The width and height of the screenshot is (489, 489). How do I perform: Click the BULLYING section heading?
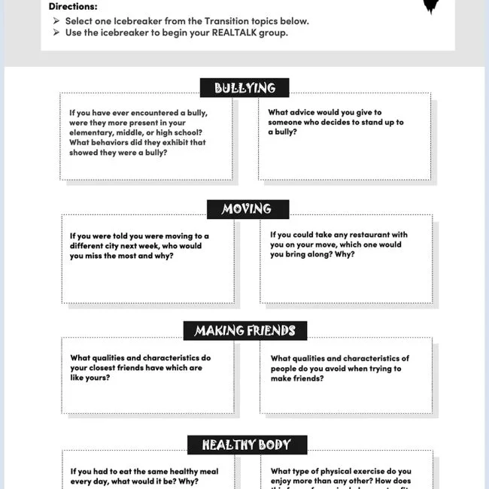tap(244, 88)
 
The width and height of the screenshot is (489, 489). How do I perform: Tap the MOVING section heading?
tap(247, 209)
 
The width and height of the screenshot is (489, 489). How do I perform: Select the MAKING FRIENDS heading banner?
tap(244, 331)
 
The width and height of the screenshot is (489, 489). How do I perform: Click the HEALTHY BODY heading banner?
tap(245, 445)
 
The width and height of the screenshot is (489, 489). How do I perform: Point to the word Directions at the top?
tap(73, 7)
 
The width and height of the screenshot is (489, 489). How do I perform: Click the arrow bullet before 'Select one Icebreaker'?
tap(57, 21)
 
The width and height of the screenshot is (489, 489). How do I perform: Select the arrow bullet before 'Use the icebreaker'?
tap(57, 33)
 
